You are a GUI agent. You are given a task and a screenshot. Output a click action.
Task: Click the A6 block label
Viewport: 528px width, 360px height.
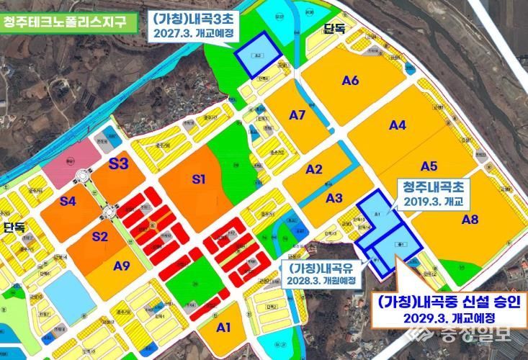350,81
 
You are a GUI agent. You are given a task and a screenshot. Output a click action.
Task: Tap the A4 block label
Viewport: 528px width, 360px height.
398,126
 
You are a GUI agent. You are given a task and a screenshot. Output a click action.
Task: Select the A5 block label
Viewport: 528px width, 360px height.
429,166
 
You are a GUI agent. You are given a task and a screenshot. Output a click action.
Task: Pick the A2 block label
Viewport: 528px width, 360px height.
313,170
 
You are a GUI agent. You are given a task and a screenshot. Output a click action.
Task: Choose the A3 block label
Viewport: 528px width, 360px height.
334,198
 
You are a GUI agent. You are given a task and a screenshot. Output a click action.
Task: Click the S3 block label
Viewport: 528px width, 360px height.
118,163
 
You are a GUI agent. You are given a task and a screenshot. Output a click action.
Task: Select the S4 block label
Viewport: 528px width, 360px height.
68,201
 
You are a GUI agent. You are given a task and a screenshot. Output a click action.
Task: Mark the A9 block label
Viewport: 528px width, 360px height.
122,266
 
